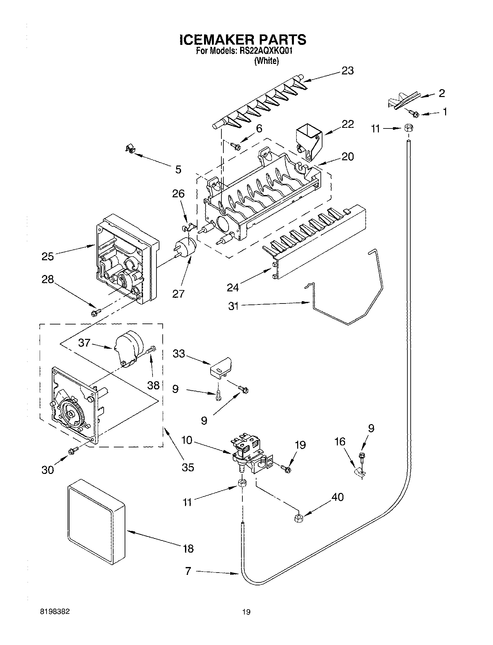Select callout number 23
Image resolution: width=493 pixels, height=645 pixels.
[x=347, y=70]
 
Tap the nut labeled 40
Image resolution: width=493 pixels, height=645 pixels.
[x=298, y=518]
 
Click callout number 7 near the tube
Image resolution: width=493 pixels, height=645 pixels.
[x=188, y=571]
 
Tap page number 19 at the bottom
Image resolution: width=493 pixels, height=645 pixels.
[x=246, y=612]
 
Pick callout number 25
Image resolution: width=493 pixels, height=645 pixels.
[x=48, y=256]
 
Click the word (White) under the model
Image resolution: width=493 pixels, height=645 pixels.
[x=266, y=61]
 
